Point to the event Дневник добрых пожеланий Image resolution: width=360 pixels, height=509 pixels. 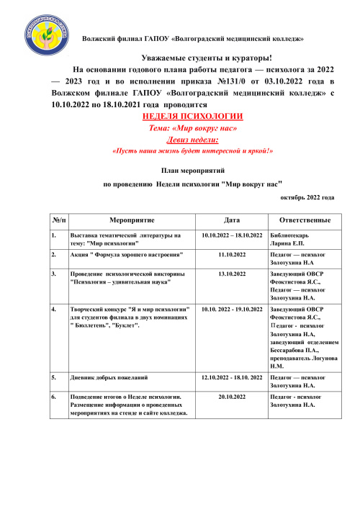(109, 377)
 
